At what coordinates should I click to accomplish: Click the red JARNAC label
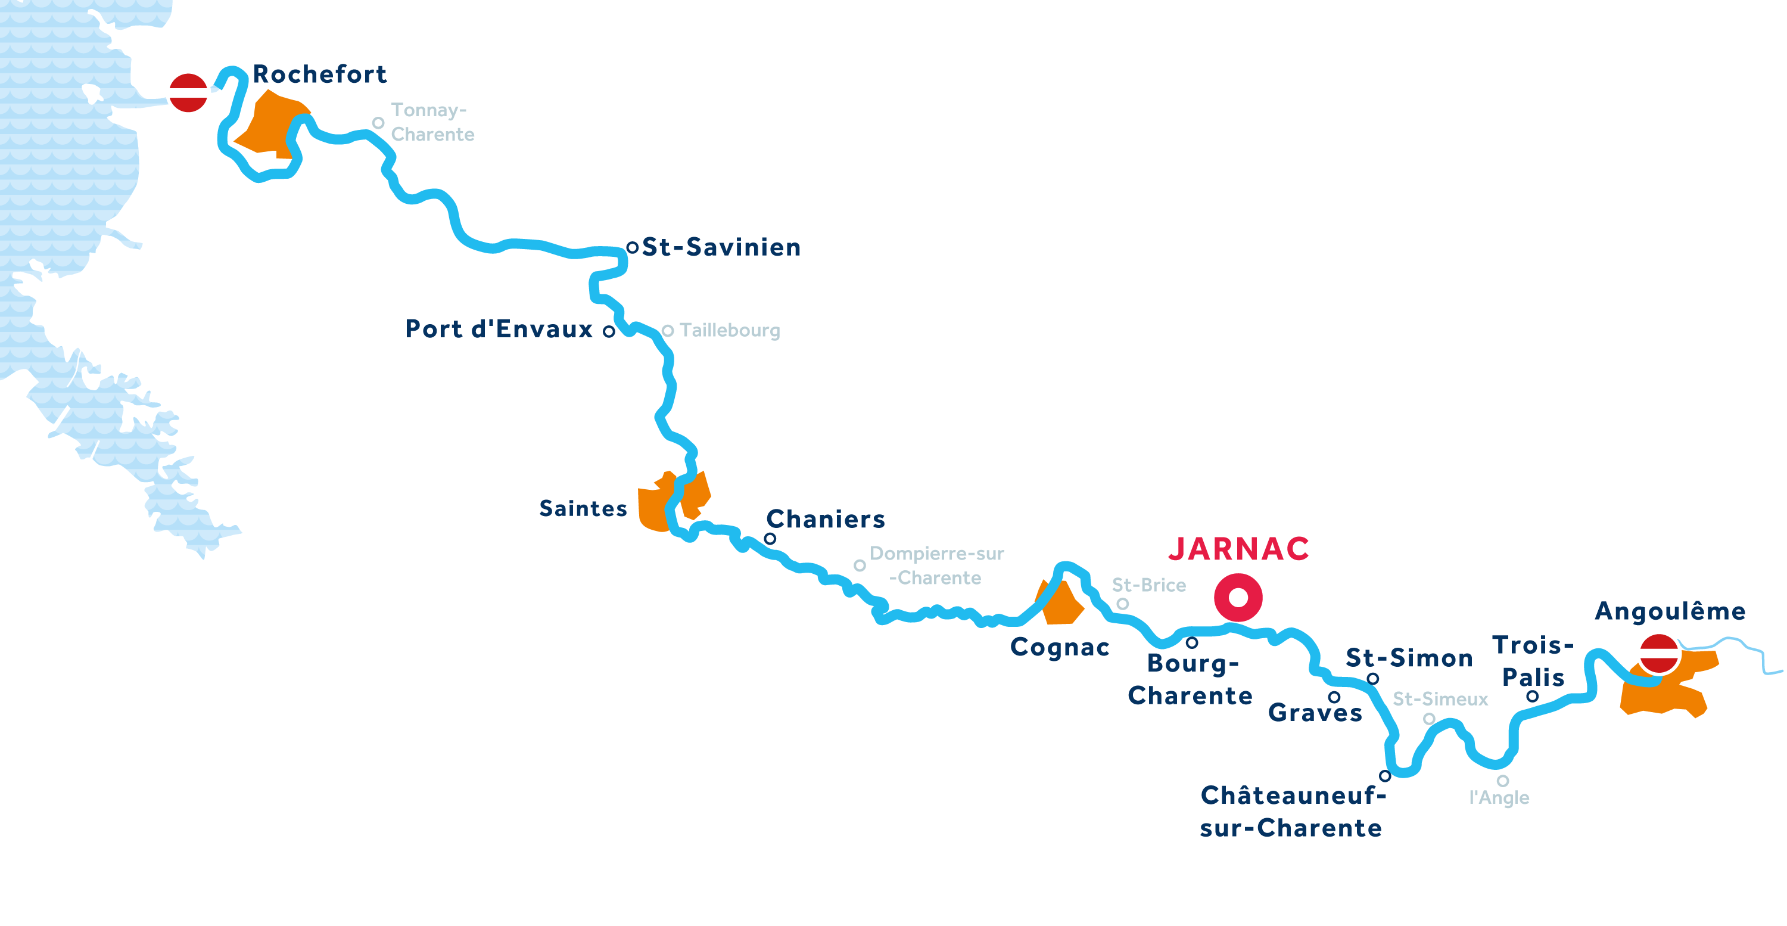[x=1238, y=548]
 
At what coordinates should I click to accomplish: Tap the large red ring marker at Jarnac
[x=1238, y=598]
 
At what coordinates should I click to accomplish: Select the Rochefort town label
[x=319, y=73]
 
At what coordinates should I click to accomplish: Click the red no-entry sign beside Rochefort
[x=189, y=92]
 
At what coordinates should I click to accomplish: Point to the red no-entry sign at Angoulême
[x=1660, y=653]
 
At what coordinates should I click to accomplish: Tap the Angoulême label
[x=1670, y=610]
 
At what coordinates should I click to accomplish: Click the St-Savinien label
[x=721, y=247]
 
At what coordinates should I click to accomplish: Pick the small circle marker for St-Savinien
[x=632, y=247]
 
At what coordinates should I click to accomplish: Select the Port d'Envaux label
[x=499, y=328]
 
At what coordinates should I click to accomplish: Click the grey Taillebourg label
[x=730, y=331]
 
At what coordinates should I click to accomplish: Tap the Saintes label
[x=583, y=508]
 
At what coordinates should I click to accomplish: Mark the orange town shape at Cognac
[x=1058, y=602]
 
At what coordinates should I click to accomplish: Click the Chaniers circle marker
[x=770, y=539]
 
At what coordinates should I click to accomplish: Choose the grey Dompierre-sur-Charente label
[x=936, y=565]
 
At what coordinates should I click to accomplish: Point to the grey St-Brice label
[x=1149, y=585]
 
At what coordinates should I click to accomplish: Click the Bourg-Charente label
[x=1190, y=679]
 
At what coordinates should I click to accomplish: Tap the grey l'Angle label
[x=1499, y=797]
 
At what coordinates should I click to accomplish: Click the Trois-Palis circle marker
[x=1533, y=696]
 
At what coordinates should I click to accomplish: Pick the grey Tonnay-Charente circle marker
[x=378, y=123]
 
